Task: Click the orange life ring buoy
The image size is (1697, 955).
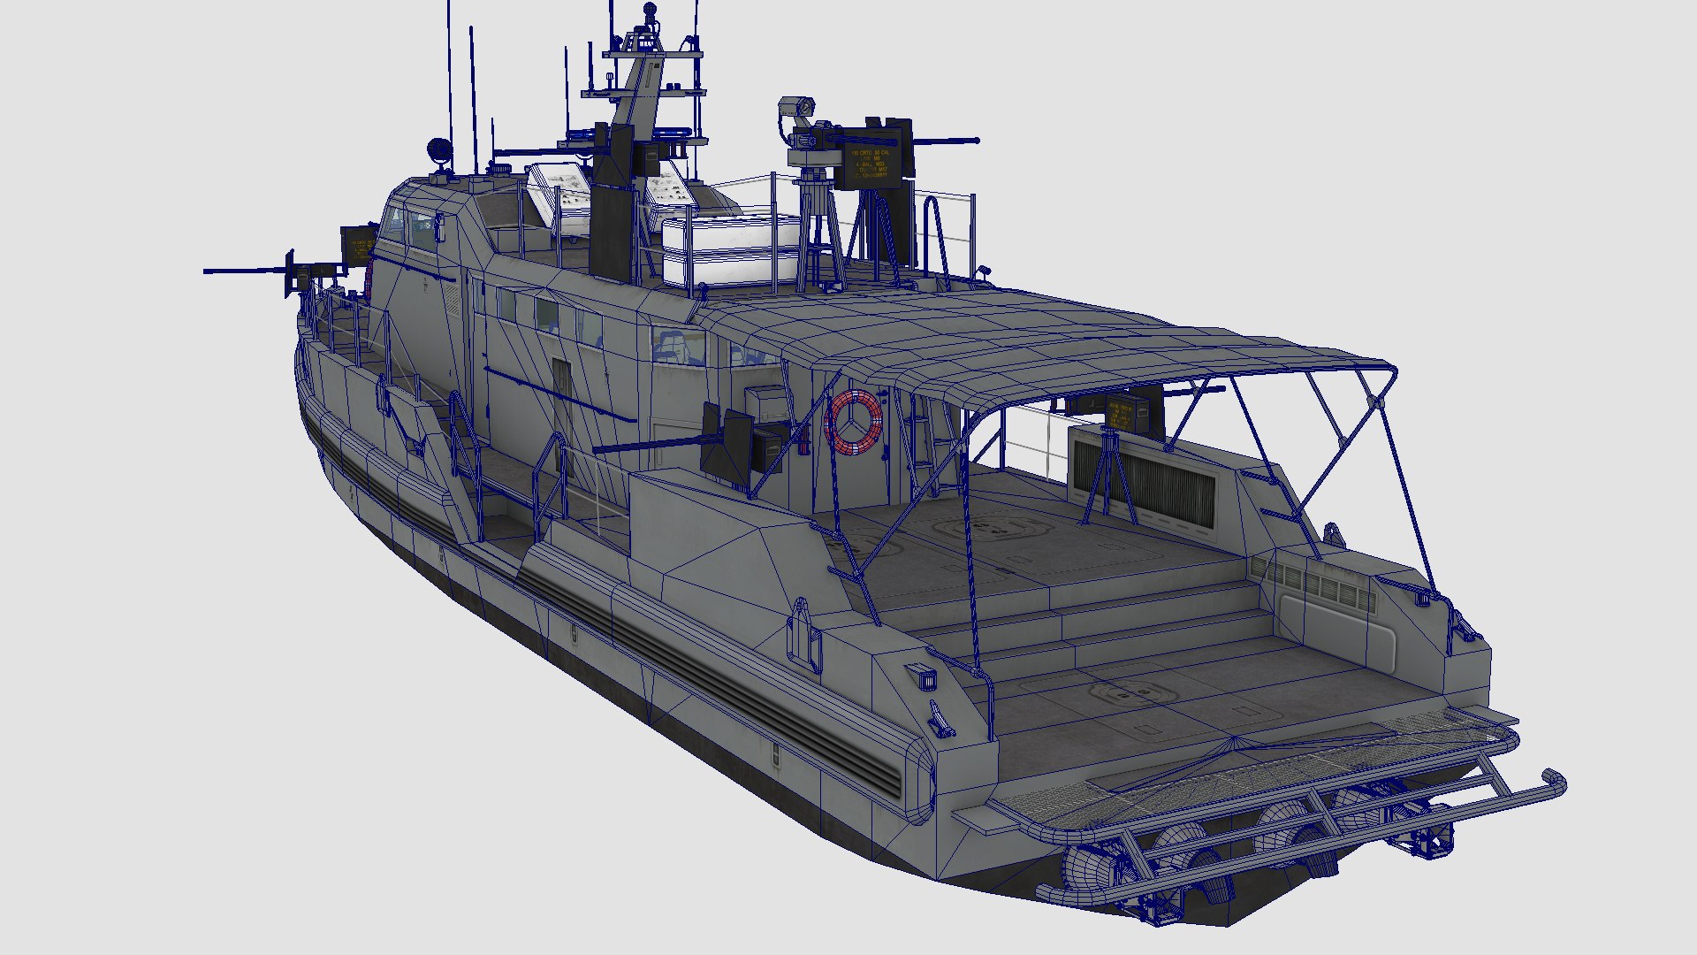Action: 854,422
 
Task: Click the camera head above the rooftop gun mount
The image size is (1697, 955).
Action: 795,107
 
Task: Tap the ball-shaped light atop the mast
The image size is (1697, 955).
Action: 651,11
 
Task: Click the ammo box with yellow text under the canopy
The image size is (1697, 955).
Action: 1120,415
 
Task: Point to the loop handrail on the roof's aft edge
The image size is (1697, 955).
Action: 936,239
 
